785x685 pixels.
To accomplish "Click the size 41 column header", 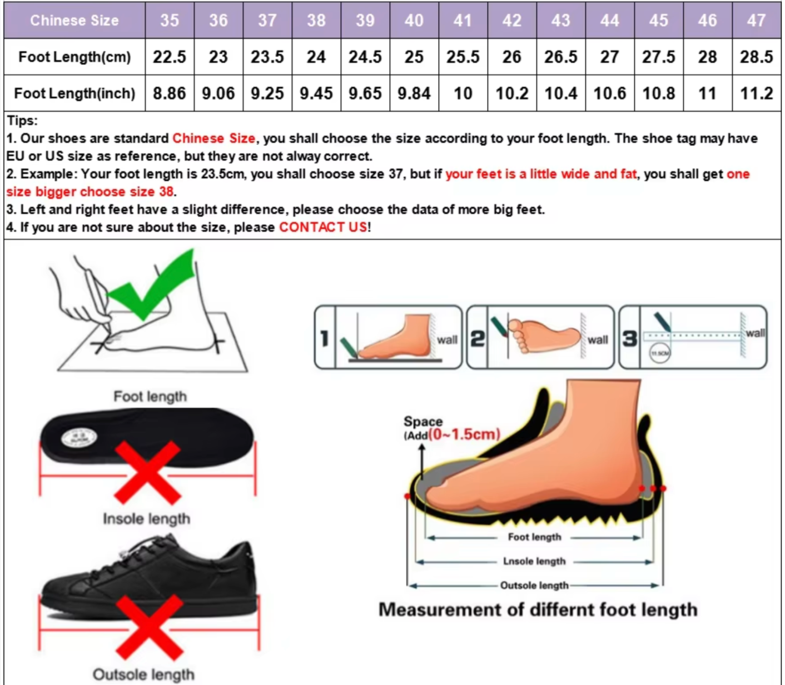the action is pyautogui.click(x=463, y=21).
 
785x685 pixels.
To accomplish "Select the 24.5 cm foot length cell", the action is pyautogui.click(x=365, y=57).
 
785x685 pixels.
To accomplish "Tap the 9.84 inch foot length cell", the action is pyautogui.click(x=414, y=93).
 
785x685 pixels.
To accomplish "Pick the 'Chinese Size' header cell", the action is pyautogui.click(x=74, y=21).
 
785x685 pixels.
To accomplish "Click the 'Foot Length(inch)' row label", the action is pyautogui.click(x=74, y=93).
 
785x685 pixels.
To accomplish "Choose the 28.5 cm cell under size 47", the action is pyautogui.click(x=756, y=57).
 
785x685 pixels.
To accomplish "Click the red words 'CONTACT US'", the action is pyautogui.click(x=323, y=227).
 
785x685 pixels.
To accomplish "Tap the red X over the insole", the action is pyautogui.click(x=148, y=472).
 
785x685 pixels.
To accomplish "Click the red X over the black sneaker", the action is pyautogui.click(x=149, y=627).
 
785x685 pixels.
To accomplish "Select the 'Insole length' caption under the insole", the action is pyautogui.click(x=147, y=519).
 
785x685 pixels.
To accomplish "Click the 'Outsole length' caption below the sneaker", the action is pyautogui.click(x=143, y=674).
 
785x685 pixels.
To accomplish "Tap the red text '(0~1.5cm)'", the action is pyautogui.click(x=464, y=434).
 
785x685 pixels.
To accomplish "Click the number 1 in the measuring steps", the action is pyautogui.click(x=325, y=338).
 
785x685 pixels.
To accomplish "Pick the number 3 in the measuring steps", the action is pyautogui.click(x=629, y=338).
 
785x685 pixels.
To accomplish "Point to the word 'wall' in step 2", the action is pyautogui.click(x=598, y=339).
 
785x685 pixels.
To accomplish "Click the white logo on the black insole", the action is pyautogui.click(x=79, y=438).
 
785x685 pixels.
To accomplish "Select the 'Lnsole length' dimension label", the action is pyautogui.click(x=534, y=561).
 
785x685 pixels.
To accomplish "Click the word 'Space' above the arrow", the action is pyautogui.click(x=423, y=421).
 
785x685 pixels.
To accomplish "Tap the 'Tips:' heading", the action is pyautogui.click(x=22, y=121).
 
